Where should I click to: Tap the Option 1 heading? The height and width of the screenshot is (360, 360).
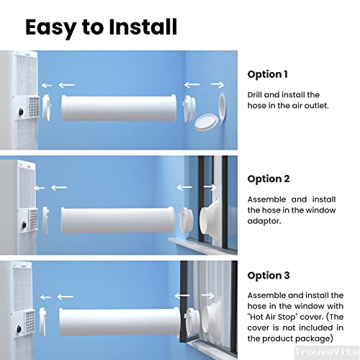267,74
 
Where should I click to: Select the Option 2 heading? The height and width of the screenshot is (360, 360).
268,179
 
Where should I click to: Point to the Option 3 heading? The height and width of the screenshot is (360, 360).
268,275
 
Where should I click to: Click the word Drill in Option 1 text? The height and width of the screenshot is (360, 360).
256,95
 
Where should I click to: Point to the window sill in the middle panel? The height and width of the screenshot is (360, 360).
198,240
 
